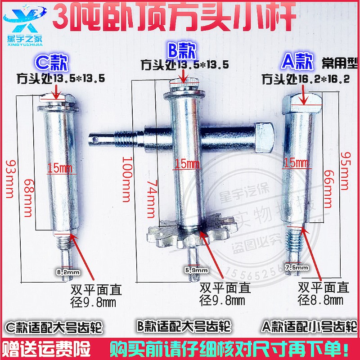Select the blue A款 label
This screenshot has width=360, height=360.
point(295,61)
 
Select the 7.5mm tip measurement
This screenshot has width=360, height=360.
point(297,267)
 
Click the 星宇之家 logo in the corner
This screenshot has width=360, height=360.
point(22,20)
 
